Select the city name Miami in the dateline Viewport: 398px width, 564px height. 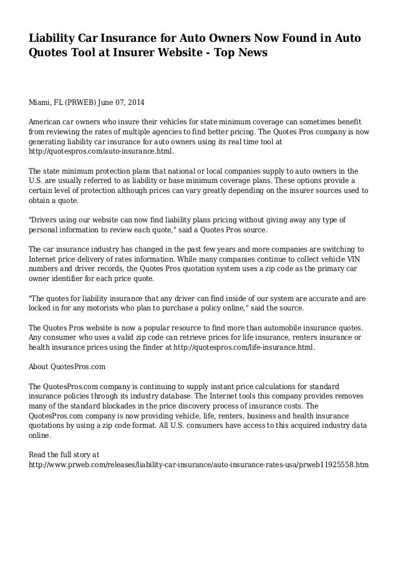tap(42, 102)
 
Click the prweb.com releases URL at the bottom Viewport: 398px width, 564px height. tap(199, 465)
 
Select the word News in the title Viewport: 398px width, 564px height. tap(251, 54)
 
